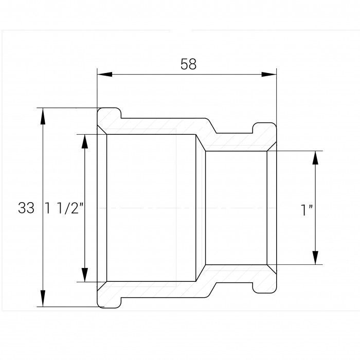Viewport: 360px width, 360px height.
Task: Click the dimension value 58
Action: pyautogui.click(x=188, y=64)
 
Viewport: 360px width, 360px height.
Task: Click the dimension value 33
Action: pyautogui.click(x=26, y=208)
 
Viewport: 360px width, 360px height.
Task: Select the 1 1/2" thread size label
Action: pyautogui.click(x=64, y=208)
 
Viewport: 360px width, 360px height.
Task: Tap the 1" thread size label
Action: pyautogui.click(x=307, y=210)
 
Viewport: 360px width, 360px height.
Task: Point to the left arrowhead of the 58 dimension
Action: pyautogui.click(x=105, y=75)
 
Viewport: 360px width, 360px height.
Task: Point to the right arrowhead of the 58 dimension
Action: pyautogui.click(x=269, y=75)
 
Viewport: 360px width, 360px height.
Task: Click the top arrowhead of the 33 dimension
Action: pyautogui.click(x=43, y=116)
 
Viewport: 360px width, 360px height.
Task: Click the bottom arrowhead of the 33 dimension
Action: pyautogui.click(x=43, y=298)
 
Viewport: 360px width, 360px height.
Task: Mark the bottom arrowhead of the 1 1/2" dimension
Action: pyautogui.click(x=85, y=274)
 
